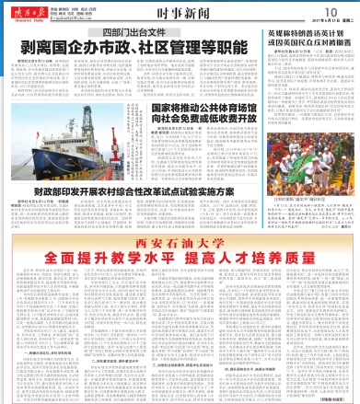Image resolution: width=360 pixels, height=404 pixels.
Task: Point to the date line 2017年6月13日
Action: (321, 22)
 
